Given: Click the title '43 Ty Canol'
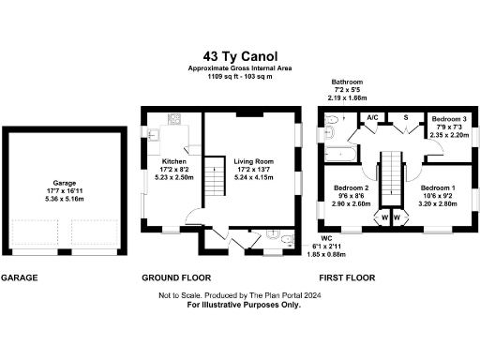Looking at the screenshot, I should pyautogui.click(x=239, y=55).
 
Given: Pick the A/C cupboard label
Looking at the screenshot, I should pyautogui.click(x=372, y=118).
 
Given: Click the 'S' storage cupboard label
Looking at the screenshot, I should pyautogui.click(x=405, y=118).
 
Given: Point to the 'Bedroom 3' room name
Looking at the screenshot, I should pyautogui.click(x=447, y=119).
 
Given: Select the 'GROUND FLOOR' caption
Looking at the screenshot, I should pyautogui.click(x=175, y=278).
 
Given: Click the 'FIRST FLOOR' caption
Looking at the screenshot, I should pyautogui.click(x=346, y=278).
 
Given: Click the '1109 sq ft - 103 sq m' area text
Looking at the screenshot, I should pyautogui.click(x=239, y=76).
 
